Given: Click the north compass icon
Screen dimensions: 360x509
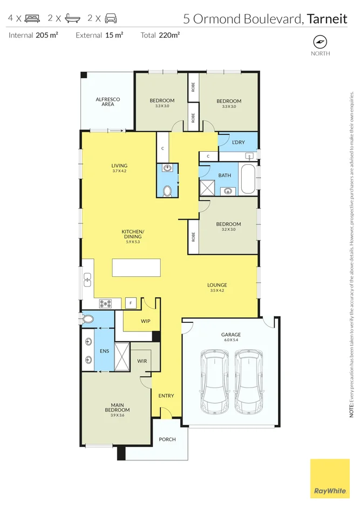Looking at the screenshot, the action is coord(320,42).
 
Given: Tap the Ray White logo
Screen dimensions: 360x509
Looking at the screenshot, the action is coord(330,478).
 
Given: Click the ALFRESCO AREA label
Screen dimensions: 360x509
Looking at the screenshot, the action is coord(108,101).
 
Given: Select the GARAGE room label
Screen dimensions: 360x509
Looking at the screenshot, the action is coord(231,334).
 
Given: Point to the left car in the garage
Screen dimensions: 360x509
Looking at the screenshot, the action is coord(215,382).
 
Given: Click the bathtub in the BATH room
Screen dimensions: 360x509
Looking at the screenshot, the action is coord(249,179).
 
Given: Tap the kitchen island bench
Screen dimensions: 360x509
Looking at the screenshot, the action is coord(137,268).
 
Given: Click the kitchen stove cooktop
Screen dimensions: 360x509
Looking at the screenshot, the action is coord(105,304).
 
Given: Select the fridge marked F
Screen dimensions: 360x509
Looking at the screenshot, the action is coord(131,303).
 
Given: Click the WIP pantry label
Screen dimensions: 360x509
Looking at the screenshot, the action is coord(145,321).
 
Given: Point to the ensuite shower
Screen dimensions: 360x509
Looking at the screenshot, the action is coord(122,356).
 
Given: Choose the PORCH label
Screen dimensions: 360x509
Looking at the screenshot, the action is coord(167,439).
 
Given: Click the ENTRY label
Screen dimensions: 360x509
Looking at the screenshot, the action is coord(166,396).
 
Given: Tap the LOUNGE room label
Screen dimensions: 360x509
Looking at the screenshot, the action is coord(217,285).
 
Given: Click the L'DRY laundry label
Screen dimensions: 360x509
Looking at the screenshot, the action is coord(238,142).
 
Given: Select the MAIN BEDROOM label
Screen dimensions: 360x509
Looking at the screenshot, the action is coord(117,408).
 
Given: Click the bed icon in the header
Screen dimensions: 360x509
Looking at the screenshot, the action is coord(32,18).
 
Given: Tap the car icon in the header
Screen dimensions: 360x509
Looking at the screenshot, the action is coord(111,18).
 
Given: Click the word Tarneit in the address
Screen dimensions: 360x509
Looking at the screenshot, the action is coord(327,19).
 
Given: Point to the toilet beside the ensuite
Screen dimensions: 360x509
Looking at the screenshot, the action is coord(87,319).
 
